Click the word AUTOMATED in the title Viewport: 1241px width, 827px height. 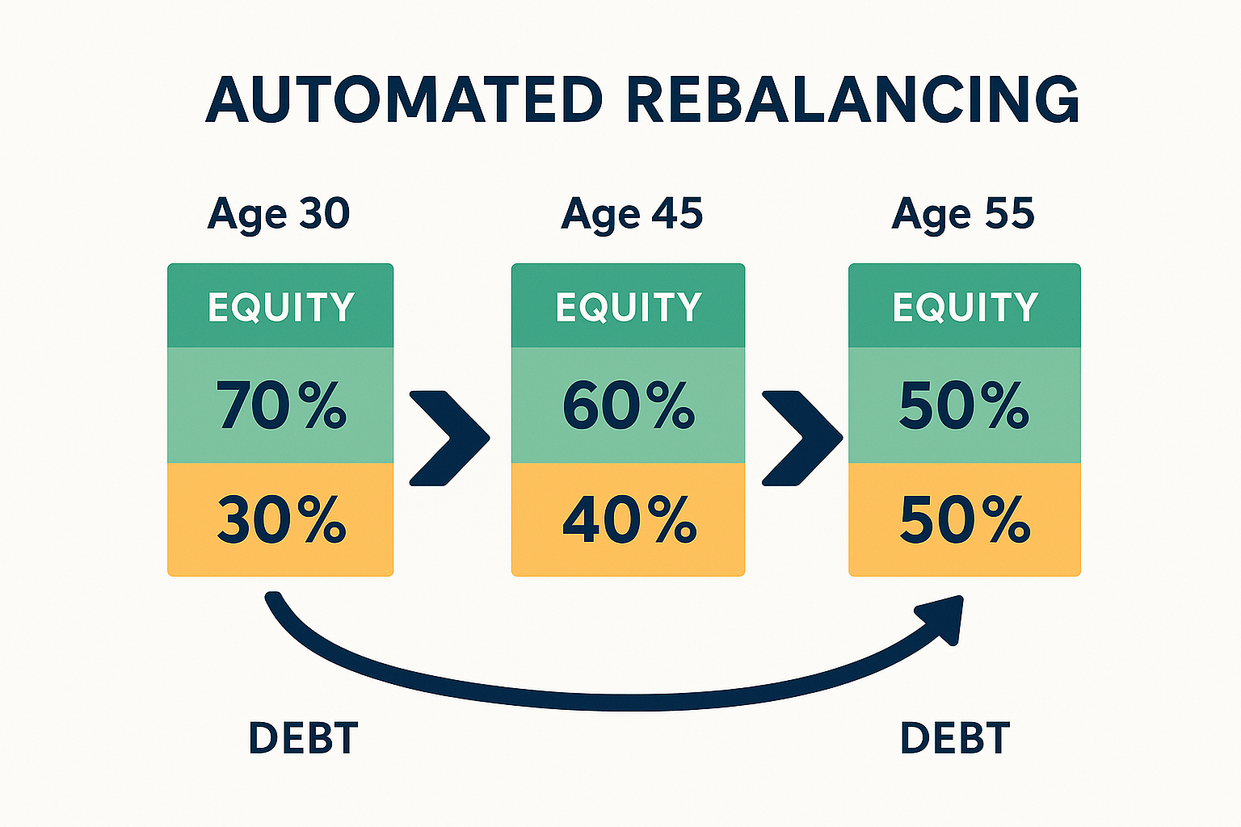pos(404,100)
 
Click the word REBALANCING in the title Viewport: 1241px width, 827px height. pos(852,100)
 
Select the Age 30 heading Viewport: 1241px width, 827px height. pos(279,215)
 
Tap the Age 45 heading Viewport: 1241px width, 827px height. pos(632,215)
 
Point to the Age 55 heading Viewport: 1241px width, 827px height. pos(963,215)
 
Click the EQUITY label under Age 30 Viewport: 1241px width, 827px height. pos(280,307)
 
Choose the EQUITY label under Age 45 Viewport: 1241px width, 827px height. pos(628,307)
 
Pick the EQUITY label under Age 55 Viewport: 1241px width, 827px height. pos(965,307)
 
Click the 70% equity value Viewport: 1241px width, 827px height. pos(280,405)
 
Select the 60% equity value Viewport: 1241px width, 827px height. pos(628,405)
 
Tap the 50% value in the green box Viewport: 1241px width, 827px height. pos(964,405)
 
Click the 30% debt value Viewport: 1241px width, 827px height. pos(280,520)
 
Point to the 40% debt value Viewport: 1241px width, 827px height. pos(629,520)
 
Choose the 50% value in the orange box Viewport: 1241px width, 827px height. pos(965,520)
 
